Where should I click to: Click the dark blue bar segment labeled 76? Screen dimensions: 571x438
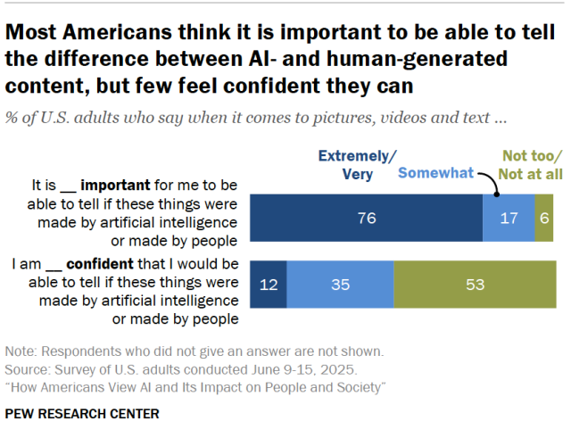(x=367, y=218)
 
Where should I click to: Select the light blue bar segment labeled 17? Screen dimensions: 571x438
(x=509, y=218)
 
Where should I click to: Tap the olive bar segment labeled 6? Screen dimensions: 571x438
(x=544, y=218)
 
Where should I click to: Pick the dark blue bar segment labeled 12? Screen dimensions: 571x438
(x=269, y=285)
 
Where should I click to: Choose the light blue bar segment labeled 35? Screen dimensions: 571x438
(x=340, y=285)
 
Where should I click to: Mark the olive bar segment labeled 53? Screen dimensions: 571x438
(x=476, y=285)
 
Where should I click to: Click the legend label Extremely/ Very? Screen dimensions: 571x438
(x=357, y=165)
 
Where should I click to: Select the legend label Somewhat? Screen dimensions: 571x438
(x=436, y=172)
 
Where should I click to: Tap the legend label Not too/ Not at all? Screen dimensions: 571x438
(x=531, y=165)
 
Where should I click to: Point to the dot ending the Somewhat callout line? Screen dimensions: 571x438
(x=496, y=194)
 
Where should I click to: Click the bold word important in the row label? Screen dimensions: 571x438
(x=115, y=186)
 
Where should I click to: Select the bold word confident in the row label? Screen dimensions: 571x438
(x=100, y=264)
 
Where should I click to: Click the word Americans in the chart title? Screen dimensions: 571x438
(x=118, y=32)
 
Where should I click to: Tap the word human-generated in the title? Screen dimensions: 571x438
(x=417, y=59)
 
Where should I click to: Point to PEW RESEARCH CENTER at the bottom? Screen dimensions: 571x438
(x=82, y=414)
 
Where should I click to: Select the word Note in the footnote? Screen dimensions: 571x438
(x=19, y=351)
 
